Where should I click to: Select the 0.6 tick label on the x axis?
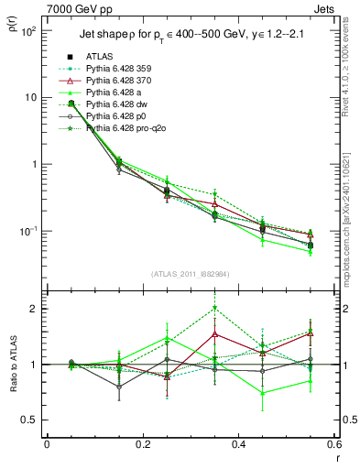(x=333, y=444)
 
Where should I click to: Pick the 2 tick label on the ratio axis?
(x=36, y=309)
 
